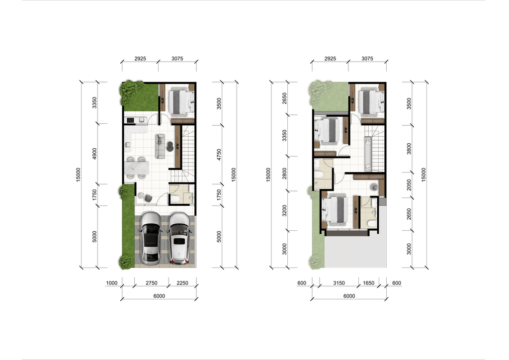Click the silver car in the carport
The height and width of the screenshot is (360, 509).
click(150, 238)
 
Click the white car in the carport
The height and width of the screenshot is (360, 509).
click(179, 238)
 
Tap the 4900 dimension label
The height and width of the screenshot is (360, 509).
click(94, 154)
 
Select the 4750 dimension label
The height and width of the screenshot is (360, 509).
click(219, 155)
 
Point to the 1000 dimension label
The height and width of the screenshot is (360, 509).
click(112, 283)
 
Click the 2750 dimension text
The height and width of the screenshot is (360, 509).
click(152, 283)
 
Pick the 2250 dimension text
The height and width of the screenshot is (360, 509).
click(182, 283)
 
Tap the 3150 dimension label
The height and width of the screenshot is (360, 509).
click(339, 283)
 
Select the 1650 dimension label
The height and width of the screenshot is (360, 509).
click(369, 283)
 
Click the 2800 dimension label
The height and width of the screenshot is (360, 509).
click(284, 174)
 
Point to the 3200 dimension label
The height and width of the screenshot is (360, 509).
click(284, 211)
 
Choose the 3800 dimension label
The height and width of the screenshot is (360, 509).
click(409, 149)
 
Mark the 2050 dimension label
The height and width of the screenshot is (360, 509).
click(409, 185)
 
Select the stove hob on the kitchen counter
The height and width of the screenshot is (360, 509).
click(130, 120)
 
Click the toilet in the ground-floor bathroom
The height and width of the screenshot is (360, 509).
click(176, 199)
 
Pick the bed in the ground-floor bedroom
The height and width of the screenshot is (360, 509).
click(181, 102)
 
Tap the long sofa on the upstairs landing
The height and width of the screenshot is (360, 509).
click(368, 154)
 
